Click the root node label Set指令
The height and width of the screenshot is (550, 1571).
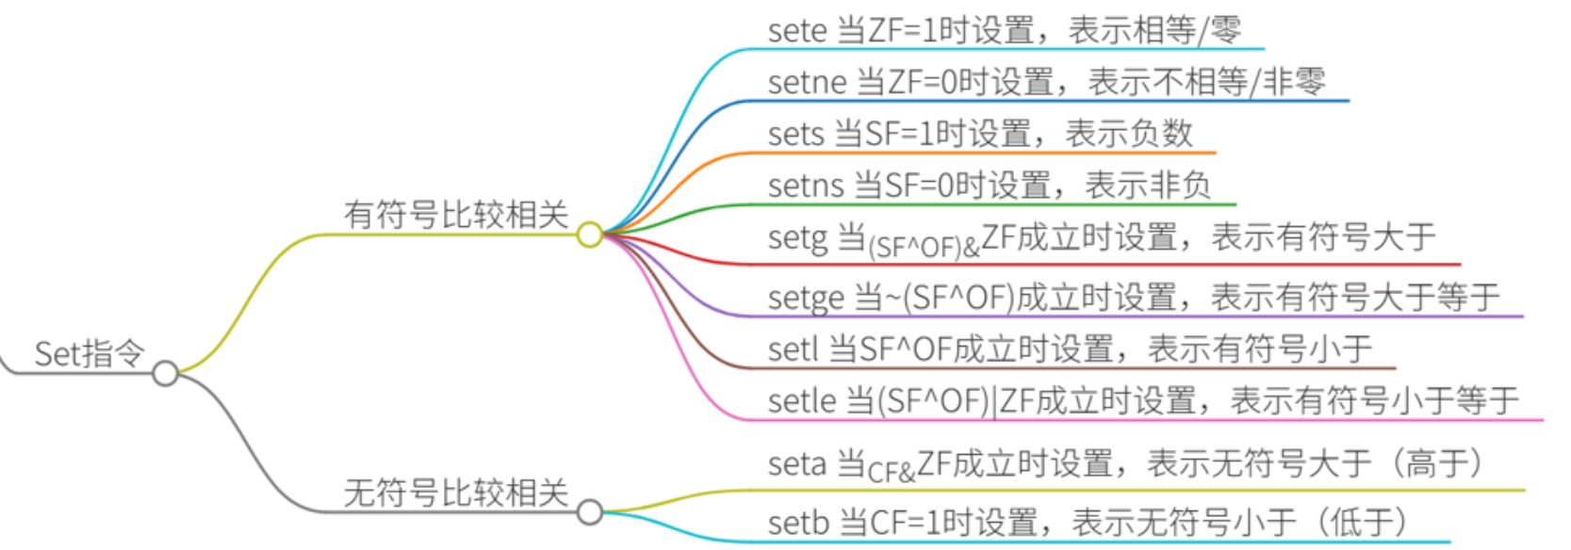[x=90, y=354]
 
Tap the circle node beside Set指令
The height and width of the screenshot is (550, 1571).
[x=165, y=374]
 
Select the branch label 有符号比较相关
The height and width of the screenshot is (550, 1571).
[x=455, y=215]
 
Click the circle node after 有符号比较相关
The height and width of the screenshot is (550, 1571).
[x=590, y=235]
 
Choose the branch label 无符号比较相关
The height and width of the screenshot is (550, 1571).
[x=455, y=493]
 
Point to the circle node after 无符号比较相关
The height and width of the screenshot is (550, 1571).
[x=590, y=512]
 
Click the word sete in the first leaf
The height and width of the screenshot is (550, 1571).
[x=796, y=31]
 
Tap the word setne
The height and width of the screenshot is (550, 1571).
[x=807, y=83]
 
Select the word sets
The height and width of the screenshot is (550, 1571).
[x=795, y=135]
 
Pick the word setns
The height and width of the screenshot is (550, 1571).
[x=806, y=186]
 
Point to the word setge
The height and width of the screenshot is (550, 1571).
[x=807, y=298]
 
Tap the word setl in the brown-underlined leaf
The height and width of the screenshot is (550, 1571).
[x=793, y=349]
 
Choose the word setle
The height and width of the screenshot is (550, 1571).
[x=802, y=401]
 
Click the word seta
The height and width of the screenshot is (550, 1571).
[x=797, y=463]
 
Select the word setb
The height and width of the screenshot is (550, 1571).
[x=797, y=522]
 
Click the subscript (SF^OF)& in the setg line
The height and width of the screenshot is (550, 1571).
[x=924, y=248]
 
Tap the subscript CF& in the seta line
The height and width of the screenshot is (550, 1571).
[x=892, y=472]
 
